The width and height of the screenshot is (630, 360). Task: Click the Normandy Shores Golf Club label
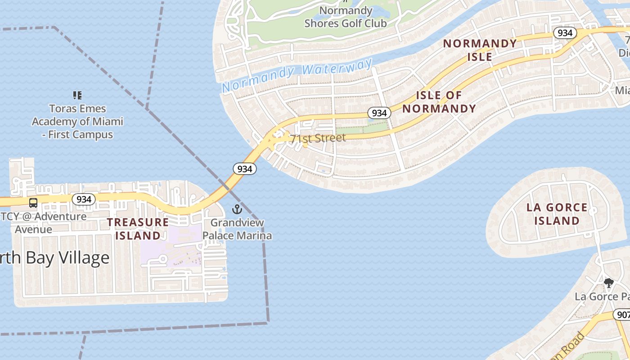coord(345,17)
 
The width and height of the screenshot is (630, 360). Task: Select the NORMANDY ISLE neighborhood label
coord(480,50)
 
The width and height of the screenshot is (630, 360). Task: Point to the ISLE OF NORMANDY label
coord(439,102)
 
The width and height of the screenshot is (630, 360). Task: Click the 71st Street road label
coord(318,138)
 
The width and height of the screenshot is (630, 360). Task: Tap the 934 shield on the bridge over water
coord(244,169)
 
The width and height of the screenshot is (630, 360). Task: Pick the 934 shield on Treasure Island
coord(84,199)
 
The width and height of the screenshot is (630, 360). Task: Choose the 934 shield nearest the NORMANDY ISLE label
coord(565,33)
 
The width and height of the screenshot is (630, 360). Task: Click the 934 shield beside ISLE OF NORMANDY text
coord(379,113)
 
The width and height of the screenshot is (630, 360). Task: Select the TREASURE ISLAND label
coord(138,229)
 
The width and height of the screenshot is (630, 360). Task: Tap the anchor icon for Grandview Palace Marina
coord(237,209)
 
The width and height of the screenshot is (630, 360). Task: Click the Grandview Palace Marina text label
coord(237,229)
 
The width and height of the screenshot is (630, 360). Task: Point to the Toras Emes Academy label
coord(77,121)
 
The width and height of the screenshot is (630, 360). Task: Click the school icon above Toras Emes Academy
coord(77,95)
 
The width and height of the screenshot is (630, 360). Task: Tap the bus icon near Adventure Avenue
coord(33,203)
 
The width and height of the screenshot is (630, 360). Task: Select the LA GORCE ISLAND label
coord(557,214)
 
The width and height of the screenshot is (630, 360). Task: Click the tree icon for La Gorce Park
coord(608,283)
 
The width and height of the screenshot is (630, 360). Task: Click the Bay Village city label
coord(54,258)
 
